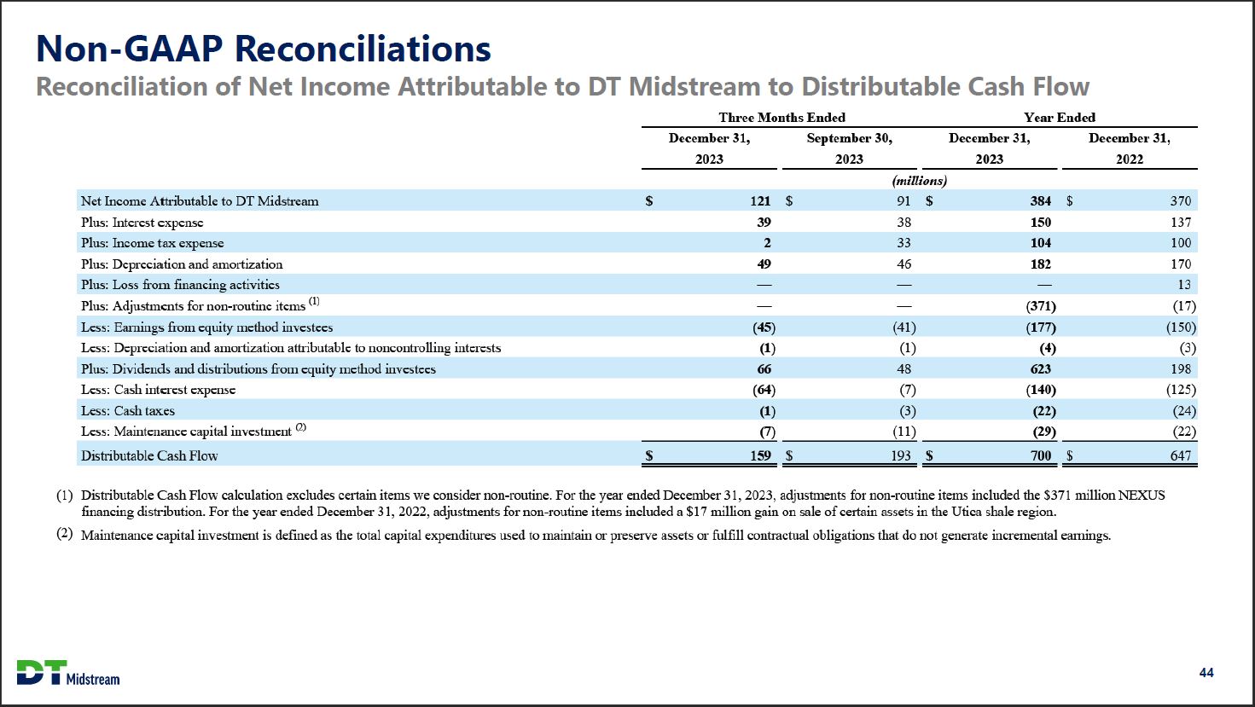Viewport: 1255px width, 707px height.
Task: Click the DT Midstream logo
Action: tap(68, 672)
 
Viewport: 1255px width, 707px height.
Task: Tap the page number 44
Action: tap(1206, 673)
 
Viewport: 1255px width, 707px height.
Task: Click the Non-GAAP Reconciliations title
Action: tap(263, 49)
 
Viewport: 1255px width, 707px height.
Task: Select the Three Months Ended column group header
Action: tap(781, 118)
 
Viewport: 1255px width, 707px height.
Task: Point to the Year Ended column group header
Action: tap(1060, 118)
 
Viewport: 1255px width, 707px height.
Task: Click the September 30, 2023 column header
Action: tap(849, 148)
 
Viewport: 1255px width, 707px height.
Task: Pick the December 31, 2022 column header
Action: tap(1129, 148)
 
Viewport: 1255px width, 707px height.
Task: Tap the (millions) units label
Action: tap(919, 181)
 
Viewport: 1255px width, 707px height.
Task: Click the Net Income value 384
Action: tap(1040, 201)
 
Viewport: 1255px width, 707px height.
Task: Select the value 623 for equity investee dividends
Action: tap(1040, 369)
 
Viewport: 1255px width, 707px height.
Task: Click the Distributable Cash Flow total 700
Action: tap(1040, 455)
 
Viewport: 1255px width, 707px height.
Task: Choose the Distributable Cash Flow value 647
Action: tap(1180, 455)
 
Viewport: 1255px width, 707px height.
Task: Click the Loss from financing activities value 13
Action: tap(1183, 285)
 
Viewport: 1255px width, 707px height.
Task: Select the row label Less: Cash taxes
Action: tap(128, 411)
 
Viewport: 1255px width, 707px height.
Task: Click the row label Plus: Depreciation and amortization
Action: tap(182, 264)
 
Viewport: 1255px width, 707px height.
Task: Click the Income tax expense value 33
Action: tap(903, 243)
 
